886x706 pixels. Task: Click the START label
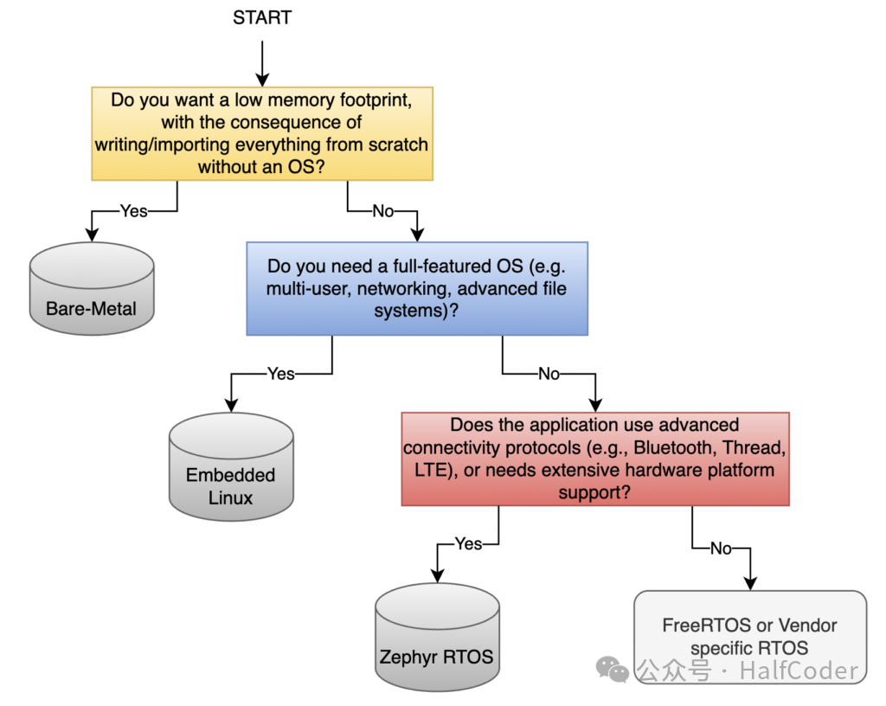coord(263,17)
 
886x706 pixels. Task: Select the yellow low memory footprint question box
coord(263,133)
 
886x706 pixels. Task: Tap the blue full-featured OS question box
coord(416,288)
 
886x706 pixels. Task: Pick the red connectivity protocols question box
coord(595,459)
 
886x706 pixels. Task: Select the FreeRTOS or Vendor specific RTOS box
coord(749,636)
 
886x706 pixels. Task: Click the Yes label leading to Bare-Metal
coord(134,210)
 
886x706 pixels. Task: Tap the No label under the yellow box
coord(382,210)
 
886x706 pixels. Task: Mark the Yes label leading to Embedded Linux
coord(281,374)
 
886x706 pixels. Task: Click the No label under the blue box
coord(549,374)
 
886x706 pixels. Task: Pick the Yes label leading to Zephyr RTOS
coord(468,543)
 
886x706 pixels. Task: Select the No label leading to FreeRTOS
coord(721,548)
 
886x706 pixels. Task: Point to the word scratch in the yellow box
coord(395,144)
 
